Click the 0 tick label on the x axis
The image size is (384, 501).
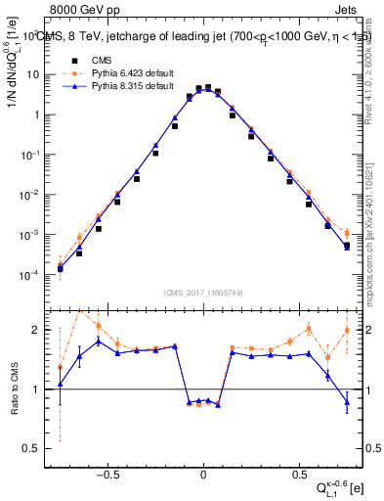pyautogui.click(x=203, y=470)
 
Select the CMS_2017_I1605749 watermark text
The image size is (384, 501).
pyautogui.click(x=202, y=293)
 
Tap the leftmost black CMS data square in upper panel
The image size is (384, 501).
pyautogui.click(x=61, y=268)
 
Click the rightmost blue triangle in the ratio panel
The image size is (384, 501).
pyautogui.click(x=346, y=401)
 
